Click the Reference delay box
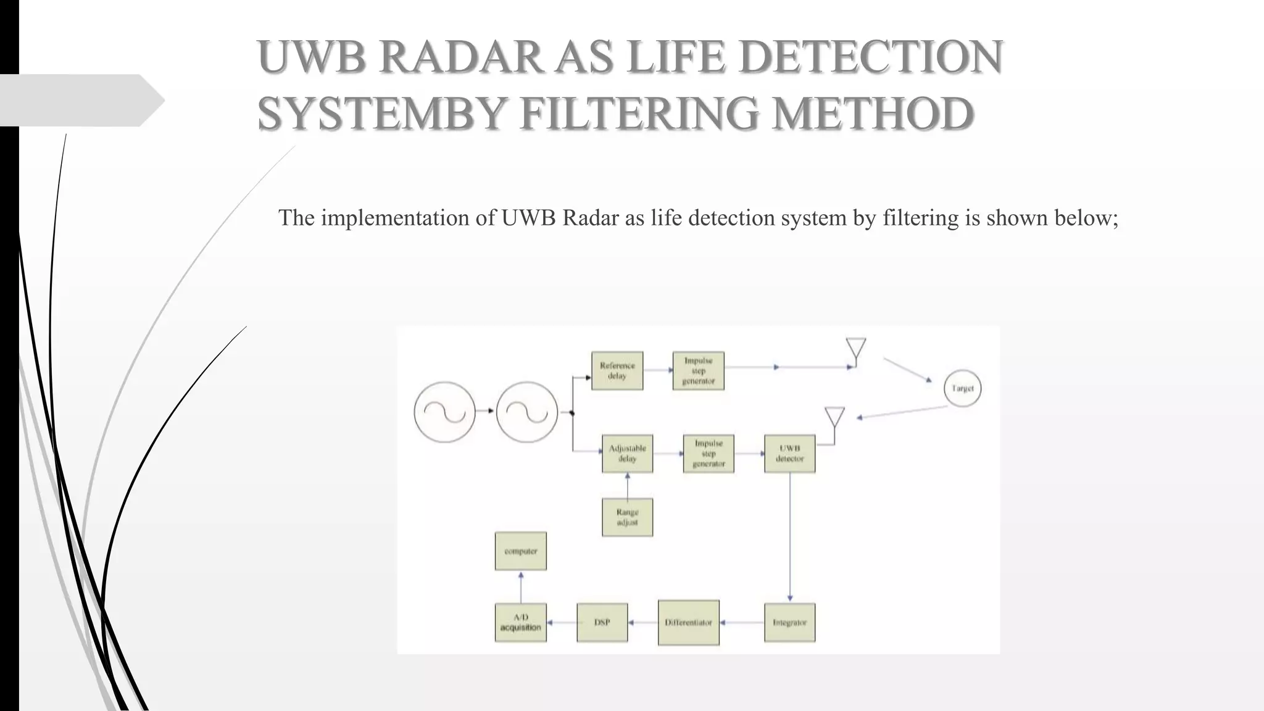coord(617,371)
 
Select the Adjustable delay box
coord(627,454)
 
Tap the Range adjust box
coord(627,517)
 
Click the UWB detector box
coord(789,454)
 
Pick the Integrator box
coord(789,623)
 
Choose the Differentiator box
coord(688,623)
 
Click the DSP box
coord(602,623)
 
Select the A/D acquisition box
coord(520,623)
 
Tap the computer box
coord(520,551)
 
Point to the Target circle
coord(962,388)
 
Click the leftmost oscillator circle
coord(444,412)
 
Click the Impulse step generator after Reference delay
coord(698,371)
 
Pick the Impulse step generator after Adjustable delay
coord(709,454)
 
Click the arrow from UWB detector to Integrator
coord(790,537)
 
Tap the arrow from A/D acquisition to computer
coord(521,586)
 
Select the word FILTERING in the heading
coord(639,114)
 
